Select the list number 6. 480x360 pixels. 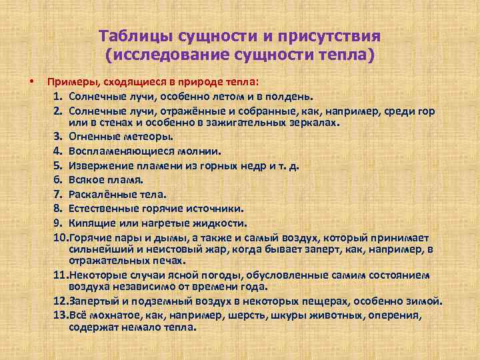coord(58,180)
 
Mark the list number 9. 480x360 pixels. coord(58,223)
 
